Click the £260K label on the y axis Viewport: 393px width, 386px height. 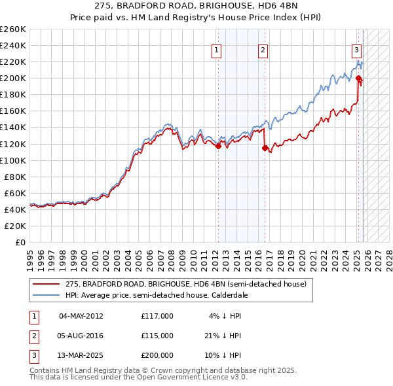point(12,29)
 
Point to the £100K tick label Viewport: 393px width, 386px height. point(12,160)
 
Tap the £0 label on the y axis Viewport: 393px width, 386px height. point(20,242)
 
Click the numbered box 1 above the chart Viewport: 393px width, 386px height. point(216,50)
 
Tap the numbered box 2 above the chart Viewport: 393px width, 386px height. point(263,50)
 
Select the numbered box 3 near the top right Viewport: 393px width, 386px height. point(356,50)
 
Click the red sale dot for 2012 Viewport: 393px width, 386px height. point(218,147)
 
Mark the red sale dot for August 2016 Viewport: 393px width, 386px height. point(265,148)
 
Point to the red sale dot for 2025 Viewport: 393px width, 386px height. point(359,79)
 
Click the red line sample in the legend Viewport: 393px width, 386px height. point(46,285)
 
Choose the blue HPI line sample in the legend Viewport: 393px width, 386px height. point(46,295)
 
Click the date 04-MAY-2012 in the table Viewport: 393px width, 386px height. point(81,316)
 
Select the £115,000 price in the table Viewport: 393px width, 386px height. point(157,335)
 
